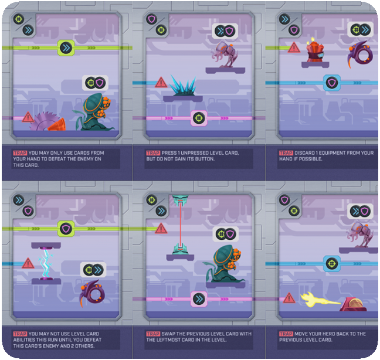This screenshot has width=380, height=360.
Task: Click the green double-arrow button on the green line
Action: tap(66, 47)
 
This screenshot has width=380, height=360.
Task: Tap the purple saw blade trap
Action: tap(45, 121)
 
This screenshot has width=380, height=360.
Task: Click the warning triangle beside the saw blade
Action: tap(28, 117)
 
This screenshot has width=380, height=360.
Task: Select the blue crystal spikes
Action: tap(183, 86)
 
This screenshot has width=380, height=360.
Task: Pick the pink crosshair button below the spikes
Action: tap(199, 118)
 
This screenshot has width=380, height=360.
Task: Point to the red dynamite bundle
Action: tap(315, 50)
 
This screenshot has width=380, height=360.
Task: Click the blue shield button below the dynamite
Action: tap(332, 83)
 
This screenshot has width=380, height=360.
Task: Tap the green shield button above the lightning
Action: tap(66, 229)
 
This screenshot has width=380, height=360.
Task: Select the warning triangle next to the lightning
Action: tap(28, 263)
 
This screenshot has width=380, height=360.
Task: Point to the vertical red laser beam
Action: tap(180, 225)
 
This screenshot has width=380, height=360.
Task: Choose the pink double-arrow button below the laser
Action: tap(199, 298)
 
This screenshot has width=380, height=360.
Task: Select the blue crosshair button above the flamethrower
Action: tap(332, 263)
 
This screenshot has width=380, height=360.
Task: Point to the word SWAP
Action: tap(168, 334)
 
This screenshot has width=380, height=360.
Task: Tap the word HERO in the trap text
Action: tap(324, 334)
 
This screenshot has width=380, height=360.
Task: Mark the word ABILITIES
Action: tap(23, 340)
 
